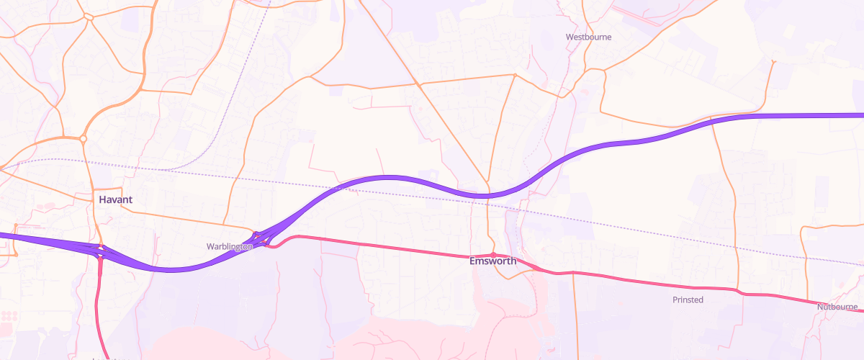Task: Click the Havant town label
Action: (115, 199)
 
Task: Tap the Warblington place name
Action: (229, 246)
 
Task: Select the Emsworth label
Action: (492, 261)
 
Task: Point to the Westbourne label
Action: (588, 37)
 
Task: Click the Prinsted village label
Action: (688, 300)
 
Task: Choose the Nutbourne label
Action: (837, 307)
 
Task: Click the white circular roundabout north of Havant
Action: (84, 138)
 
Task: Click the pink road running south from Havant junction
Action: (98, 302)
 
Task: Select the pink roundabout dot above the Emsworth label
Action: (492, 254)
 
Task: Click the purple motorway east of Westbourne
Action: (792, 115)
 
